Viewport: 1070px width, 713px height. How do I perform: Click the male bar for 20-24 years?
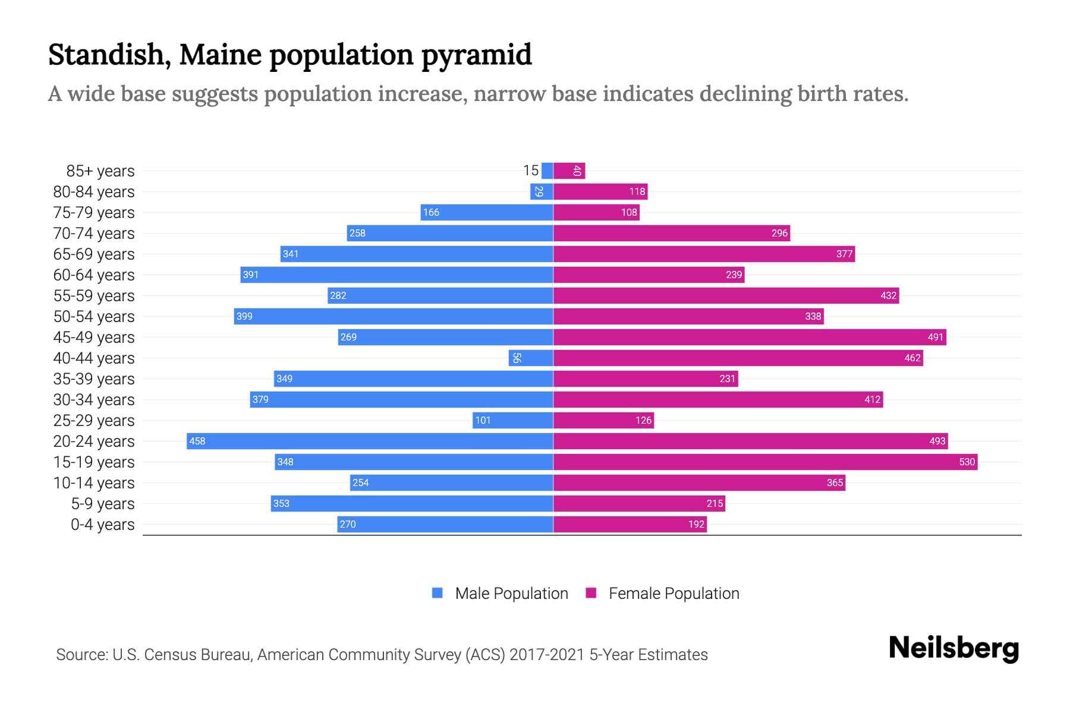370,441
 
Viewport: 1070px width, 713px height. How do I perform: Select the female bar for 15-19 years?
765,462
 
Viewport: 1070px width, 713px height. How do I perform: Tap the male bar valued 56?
531,358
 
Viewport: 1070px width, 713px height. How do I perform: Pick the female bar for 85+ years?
569,171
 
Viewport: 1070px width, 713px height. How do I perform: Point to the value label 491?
935,337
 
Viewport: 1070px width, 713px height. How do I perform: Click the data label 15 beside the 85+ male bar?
530,171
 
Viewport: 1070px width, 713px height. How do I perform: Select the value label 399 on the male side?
244,316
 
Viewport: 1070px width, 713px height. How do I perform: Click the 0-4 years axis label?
102,525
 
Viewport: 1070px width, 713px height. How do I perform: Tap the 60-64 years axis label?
94,275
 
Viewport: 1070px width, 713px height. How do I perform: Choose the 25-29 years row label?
94,421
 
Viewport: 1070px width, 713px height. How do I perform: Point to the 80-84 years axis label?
94,192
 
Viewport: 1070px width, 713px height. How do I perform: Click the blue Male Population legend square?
438,593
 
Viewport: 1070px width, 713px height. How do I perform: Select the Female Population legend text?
674,593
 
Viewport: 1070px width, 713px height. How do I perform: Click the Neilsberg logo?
953,648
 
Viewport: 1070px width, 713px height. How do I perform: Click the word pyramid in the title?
476,55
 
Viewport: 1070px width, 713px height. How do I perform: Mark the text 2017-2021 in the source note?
547,654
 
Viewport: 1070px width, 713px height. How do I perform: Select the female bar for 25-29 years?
603,420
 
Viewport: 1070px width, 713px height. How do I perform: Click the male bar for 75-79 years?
487,212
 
